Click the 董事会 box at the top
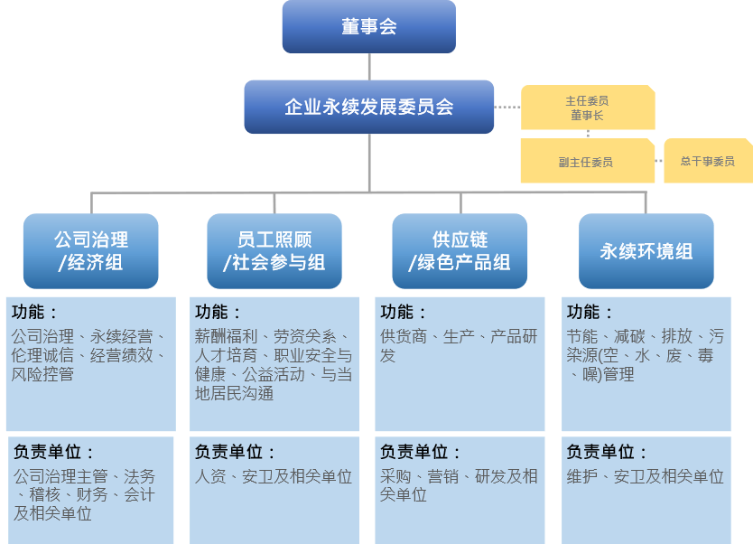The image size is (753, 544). click(x=368, y=27)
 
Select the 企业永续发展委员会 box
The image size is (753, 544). click(x=368, y=107)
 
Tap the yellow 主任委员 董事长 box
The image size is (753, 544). click(x=587, y=108)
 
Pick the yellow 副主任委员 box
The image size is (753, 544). click(x=586, y=162)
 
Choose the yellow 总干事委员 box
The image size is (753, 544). click(x=707, y=161)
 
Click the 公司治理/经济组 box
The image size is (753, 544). click(x=90, y=251)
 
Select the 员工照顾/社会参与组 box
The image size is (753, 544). click(x=274, y=251)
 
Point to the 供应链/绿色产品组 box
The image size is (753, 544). click(x=460, y=251)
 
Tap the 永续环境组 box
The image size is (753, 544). click(x=646, y=251)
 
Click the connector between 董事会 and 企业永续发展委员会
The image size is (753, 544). click(x=369, y=66)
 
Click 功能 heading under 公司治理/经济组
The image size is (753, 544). click(x=35, y=313)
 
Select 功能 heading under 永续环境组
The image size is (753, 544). click(x=590, y=313)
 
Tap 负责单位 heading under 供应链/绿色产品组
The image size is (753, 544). click(x=421, y=452)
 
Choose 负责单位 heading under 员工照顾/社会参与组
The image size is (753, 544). click(x=236, y=452)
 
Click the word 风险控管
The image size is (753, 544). click(x=43, y=374)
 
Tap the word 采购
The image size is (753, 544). click(x=395, y=476)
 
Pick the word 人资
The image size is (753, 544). click(x=210, y=476)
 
